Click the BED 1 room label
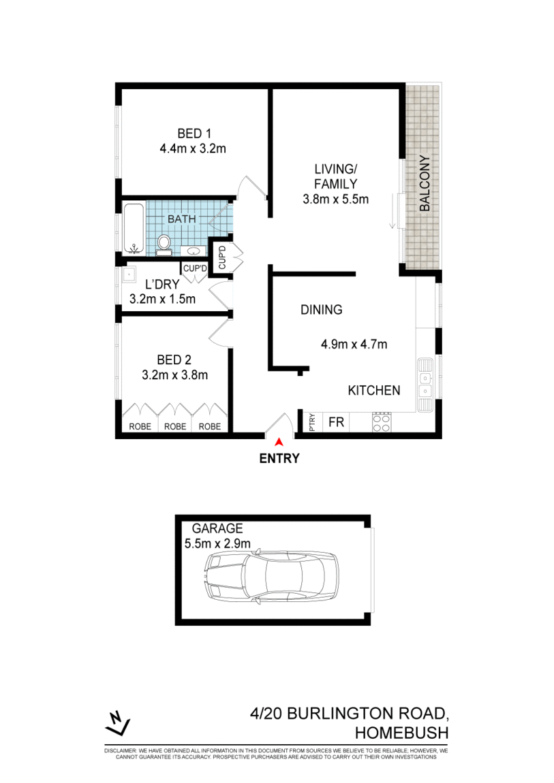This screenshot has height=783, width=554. pos(192,133)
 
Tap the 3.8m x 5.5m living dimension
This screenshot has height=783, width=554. pos(335,199)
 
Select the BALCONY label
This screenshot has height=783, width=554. pos(424,184)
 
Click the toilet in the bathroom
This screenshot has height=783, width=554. pos(164,242)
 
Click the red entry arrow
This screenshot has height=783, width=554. pos(279,443)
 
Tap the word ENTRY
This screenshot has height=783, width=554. pos(279,458)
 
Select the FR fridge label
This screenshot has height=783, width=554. pos(336,422)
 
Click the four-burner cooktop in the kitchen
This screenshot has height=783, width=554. pos(382,422)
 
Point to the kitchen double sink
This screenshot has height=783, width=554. pos(425,384)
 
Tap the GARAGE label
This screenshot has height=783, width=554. pos(217,528)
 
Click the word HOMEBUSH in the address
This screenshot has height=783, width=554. pos(401,733)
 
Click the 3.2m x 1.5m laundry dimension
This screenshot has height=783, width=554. pos(162,298)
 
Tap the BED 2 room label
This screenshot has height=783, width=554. pos(174,359)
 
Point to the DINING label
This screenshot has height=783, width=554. pos(321,310)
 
